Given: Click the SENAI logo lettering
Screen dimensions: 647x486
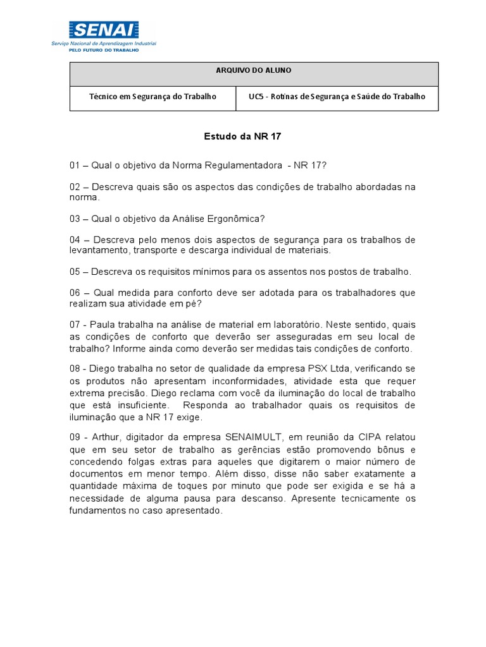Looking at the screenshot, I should pyautogui.click(x=104, y=30).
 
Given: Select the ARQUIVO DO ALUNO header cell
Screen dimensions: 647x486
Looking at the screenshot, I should pyautogui.click(x=253, y=71).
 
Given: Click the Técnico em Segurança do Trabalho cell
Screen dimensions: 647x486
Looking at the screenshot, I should pyautogui.click(x=153, y=97).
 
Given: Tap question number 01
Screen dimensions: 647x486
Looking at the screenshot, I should pyautogui.click(x=75, y=166).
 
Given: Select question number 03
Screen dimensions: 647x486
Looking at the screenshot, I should pyautogui.click(x=75, y=219).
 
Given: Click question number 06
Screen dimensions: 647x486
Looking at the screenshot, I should pyautogui.click(x=75, y=293).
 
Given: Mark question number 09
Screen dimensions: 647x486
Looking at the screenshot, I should pyautogui.click(x=75, y=437).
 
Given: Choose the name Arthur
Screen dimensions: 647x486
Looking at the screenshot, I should pyautogui.click(x=106, y=437).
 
